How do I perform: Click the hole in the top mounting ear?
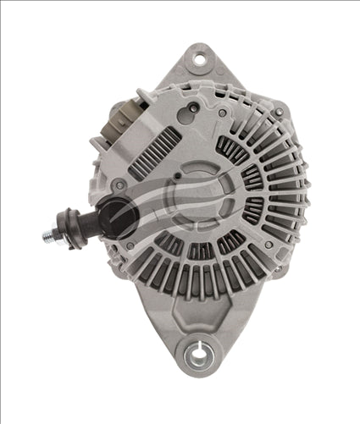point(199,59)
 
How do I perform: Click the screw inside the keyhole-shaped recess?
point(194,107)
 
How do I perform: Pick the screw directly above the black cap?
point(121,184)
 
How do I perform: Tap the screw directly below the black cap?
point(130,246)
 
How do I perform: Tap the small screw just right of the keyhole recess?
point(222,113)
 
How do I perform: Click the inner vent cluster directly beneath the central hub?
point(200,251)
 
